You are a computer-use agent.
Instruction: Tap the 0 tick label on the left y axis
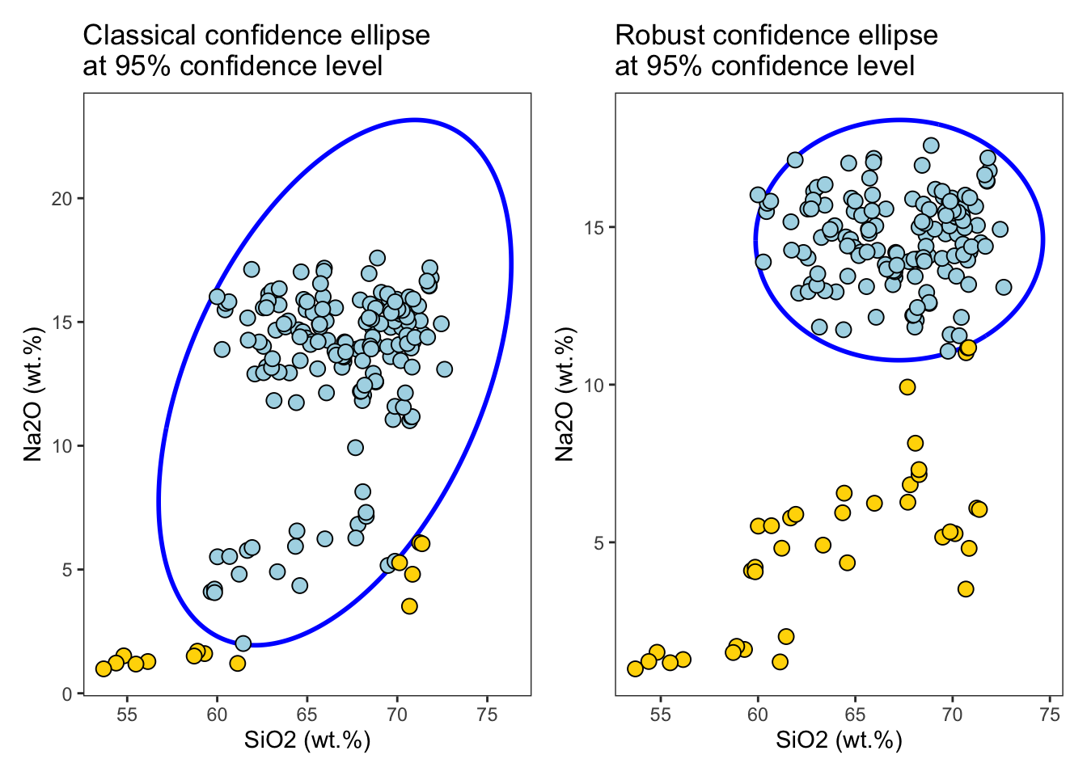[68, 694]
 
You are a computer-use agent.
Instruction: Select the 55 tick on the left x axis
[127, 714]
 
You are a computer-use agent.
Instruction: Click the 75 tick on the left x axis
[487, 714]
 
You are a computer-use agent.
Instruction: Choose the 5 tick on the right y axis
[598, 542]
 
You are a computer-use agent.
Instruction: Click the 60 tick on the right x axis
[758, 714]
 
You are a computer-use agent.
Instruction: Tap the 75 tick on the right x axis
[1050, 714]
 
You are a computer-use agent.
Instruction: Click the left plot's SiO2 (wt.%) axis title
[307, 740]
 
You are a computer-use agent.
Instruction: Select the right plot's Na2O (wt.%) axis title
[565, 394]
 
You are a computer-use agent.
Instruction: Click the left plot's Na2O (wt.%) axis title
[32, 394]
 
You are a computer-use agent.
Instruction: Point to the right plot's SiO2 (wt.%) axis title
[839, 740]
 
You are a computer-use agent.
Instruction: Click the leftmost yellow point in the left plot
[104, 668]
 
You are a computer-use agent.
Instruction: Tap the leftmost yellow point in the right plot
[635, 668]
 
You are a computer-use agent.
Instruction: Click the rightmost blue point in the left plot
[444, 369]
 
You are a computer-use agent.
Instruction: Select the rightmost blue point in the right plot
[1004, 287]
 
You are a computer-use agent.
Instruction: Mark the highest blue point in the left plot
[377, 258]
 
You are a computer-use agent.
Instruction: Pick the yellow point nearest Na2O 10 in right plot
[907, 387]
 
